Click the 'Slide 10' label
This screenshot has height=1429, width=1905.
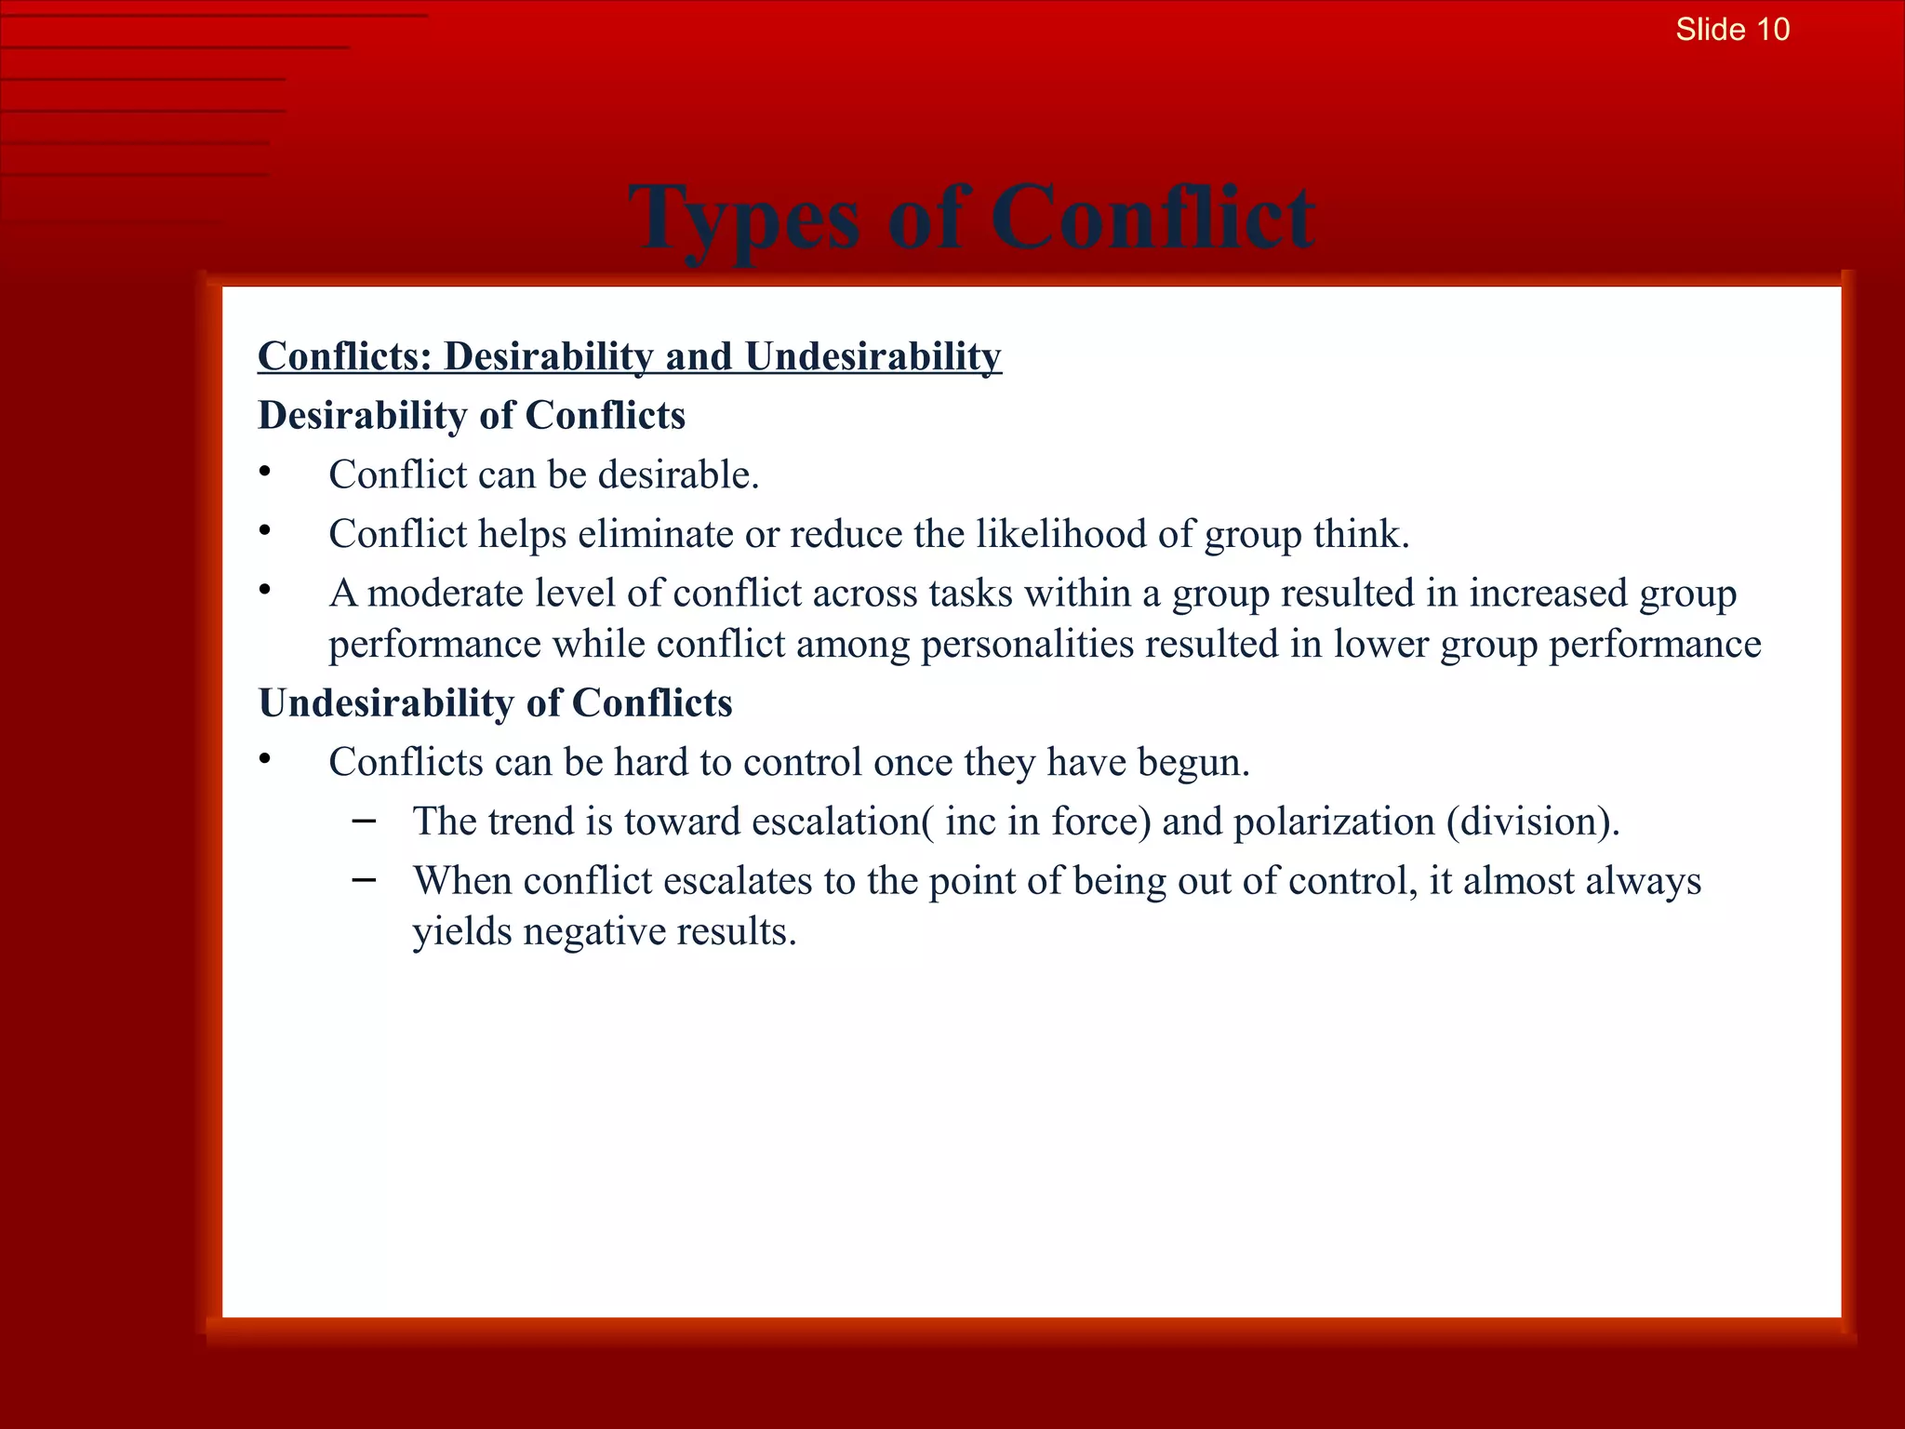click(1732, 30)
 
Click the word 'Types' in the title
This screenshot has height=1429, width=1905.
click(743, 220)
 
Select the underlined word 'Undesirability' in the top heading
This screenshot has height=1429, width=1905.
click(873, 357)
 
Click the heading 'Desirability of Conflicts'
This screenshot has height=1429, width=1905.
click(472, 416)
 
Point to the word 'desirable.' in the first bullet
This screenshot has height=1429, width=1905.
click(678, 475)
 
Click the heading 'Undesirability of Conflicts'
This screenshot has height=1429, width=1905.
click(495, 703)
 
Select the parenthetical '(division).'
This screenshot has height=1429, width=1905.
click(1533, 821)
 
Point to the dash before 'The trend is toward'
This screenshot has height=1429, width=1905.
click(365, 821)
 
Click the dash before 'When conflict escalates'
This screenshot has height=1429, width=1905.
click(365, 880)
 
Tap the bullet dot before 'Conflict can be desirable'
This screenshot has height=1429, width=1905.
click(265, 473)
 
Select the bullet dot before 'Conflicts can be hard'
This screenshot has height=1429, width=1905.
click(265, 760)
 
